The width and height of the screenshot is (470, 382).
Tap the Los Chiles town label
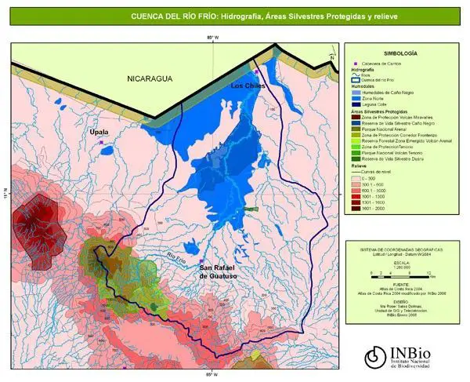(x=248, y=85)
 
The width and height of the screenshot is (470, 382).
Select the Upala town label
(x=99, y=132)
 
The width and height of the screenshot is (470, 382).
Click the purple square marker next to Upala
(x=101, y=142)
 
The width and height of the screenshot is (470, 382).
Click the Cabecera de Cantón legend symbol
(x=355, y=63)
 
